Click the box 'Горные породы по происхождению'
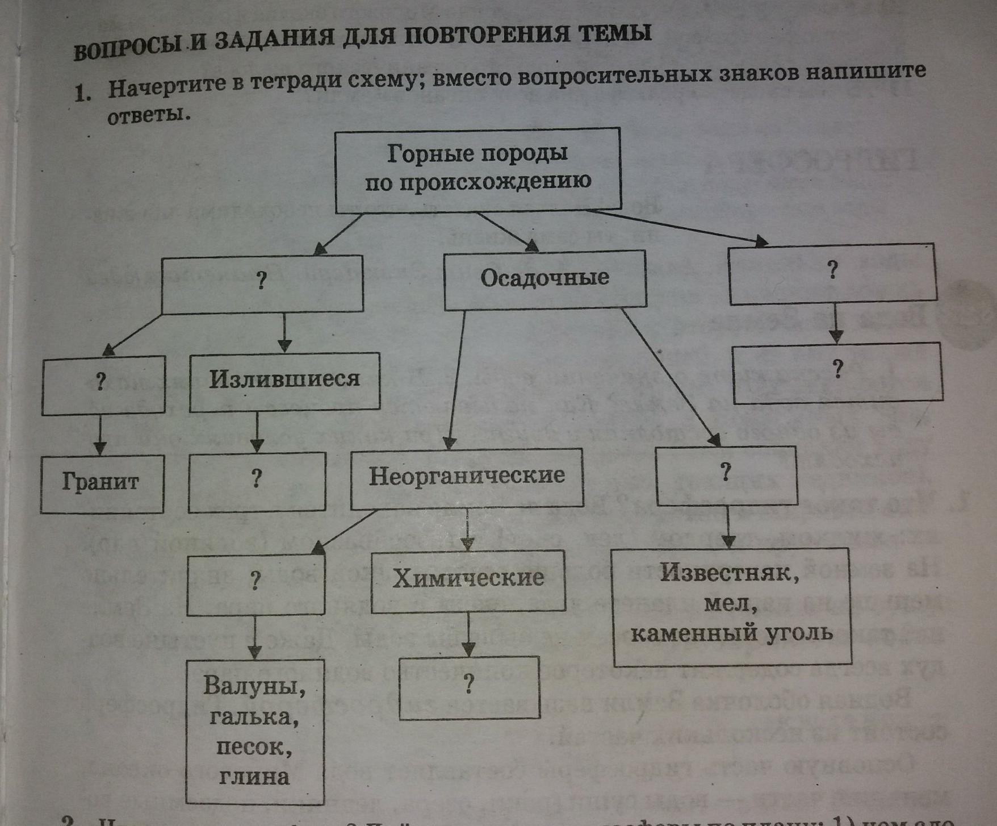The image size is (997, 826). pos(477,170)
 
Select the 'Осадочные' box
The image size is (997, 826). pos(544,279)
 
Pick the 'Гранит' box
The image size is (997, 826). pos(102,483)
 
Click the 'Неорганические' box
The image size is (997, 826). pos(467,477)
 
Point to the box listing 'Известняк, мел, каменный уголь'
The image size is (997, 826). pos(732,605)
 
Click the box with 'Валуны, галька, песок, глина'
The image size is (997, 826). pos(255,731)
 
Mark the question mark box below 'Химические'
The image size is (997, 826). pos(469,687)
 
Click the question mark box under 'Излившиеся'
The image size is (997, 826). pos(257,481)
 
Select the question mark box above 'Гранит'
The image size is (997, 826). pos(103,383)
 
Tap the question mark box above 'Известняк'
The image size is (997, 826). pos(726,475)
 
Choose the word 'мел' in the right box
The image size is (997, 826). pos(731,604)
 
